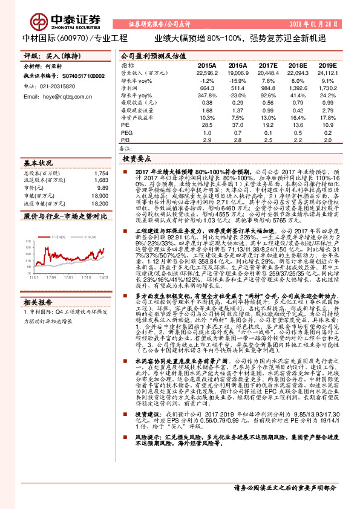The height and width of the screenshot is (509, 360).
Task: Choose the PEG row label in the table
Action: pos(127,132)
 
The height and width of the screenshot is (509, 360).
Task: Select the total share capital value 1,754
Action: pos(101,173)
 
